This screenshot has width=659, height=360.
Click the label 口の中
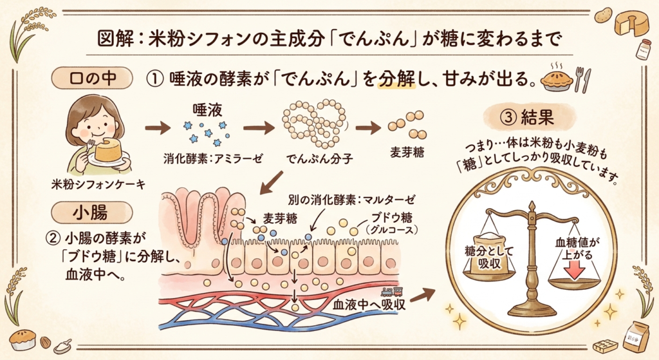91,79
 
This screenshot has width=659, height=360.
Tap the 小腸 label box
91,211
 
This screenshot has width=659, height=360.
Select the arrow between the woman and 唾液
156,128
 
